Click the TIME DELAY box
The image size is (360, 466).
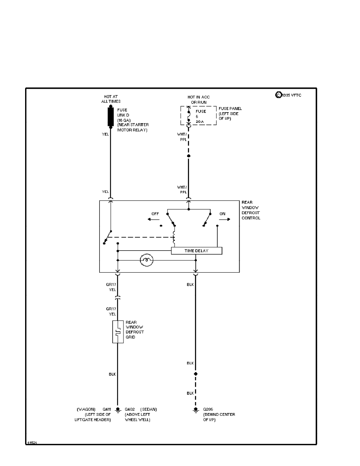tap(196, 251)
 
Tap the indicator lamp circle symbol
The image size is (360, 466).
tap(147, 260)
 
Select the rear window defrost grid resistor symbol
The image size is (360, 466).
tap(118, 332)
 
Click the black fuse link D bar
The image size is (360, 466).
tap(110, 116)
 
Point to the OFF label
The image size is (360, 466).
tap(155, 214)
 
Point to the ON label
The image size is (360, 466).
tap(222, 214)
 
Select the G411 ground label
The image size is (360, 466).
tap(107, 410)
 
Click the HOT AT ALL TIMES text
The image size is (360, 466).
tap(110, 99)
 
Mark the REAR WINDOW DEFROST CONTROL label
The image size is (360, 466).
tap(251, 210)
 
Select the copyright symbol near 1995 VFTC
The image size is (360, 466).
tap(278, 95)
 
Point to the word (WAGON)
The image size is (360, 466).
tap(86, 410)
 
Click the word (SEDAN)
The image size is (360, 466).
tap(149, 410)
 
